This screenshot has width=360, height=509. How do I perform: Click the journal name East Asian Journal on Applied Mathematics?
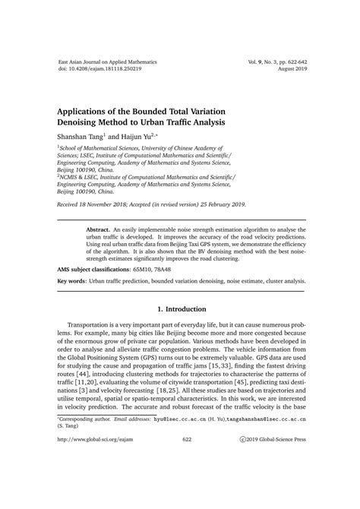coord(108,58)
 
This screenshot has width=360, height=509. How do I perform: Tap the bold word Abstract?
coord(99,227)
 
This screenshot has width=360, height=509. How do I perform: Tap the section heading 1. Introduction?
coord(181,309)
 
